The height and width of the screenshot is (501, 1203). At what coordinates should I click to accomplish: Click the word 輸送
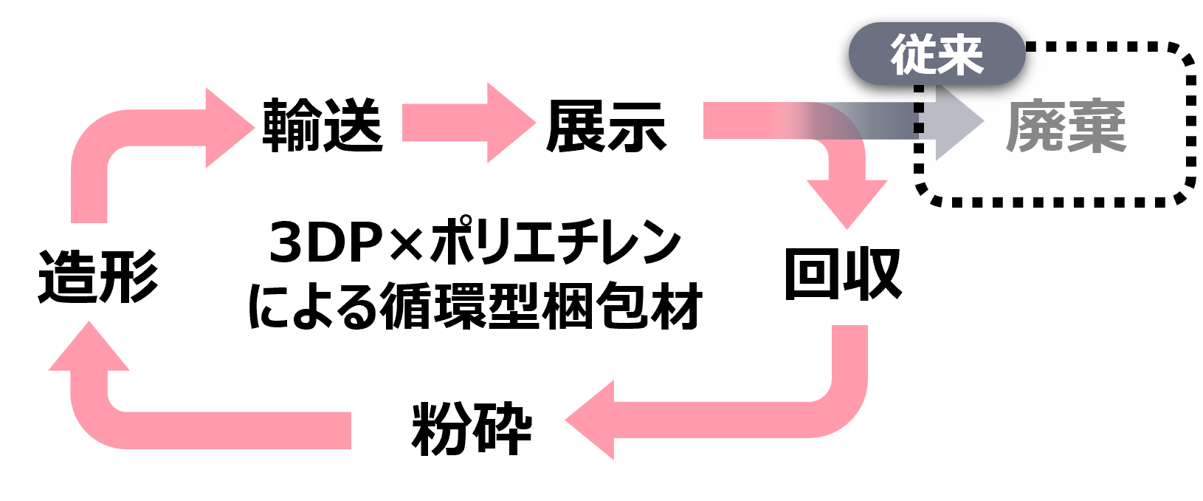click(x=323, y=125)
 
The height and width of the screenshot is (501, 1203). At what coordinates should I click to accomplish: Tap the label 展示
click(x=606, y=127)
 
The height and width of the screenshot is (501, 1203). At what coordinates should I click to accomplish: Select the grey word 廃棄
click(x=1066, y=126)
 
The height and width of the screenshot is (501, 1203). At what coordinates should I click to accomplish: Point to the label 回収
click(x=843, y=274)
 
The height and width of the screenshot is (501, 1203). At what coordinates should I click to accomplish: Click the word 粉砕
click(x=472, y=429)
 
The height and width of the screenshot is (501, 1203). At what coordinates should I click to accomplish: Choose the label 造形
click(x=97, y=276)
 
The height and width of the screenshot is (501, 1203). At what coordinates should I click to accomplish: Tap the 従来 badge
click(x=937, y=54)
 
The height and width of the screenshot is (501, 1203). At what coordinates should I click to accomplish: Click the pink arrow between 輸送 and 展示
click(x=469, y=123)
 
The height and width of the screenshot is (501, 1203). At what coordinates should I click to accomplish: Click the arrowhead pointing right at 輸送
click(x=230, y=128)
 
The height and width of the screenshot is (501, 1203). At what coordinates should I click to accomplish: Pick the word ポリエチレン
click(x=555, y=242)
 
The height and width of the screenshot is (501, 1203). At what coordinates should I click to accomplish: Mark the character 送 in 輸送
click(x=353, y=125)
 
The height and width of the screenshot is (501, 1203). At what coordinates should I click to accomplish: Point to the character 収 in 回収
click(x=872, y=274)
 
